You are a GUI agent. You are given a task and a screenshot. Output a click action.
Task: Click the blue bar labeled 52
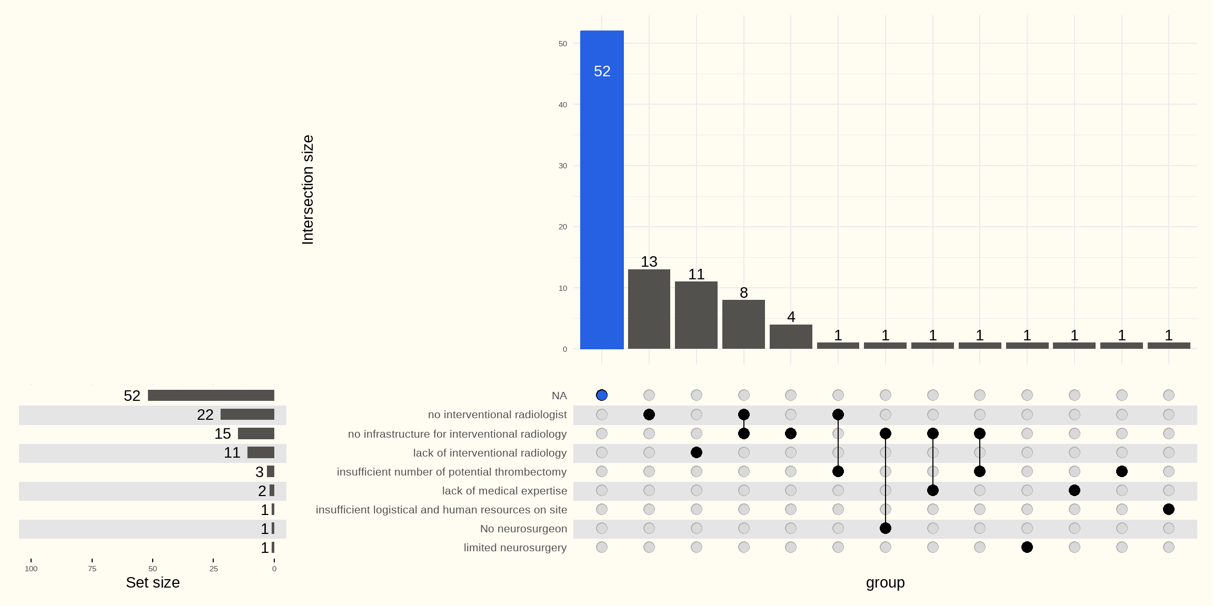click(x=602, y=189)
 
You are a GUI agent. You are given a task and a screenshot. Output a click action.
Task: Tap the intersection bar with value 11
click(x=696, y=315)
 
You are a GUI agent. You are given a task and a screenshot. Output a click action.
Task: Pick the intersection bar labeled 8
click(x=743, y=325)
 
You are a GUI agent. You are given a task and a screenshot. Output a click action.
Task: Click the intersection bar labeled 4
click(x=791, y=337)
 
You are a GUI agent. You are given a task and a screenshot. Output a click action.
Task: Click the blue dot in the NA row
click(x=602, y=395)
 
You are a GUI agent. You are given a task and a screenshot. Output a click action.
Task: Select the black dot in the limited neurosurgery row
click(x=1027, y=547)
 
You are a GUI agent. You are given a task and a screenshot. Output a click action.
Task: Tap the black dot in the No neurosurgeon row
click(x=886, y=528)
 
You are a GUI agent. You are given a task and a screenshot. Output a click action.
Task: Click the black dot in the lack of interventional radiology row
click(x=696, y=452)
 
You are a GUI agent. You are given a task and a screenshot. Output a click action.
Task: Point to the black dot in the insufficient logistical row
click(x=1169, y=509)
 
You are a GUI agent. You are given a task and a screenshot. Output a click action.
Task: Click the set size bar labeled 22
click(x=247, y=415)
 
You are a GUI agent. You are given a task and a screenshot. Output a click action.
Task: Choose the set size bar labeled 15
click(x=256, y=433)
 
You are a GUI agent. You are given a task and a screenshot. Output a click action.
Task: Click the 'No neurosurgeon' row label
click(x=523, y=529)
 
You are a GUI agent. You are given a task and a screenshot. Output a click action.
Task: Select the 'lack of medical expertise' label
click(x=504, y=491)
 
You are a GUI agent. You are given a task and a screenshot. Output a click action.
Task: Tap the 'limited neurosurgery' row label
click(x=515, y=548)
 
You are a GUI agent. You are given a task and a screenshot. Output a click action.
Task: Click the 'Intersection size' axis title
click(x=307, y=189)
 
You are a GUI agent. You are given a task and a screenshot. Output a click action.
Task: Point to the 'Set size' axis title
click(x=153, y=583)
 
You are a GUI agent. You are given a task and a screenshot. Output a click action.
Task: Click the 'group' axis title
click(x=885, y=583)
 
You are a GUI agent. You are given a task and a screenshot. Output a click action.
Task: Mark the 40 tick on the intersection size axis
click(x=563, y=105)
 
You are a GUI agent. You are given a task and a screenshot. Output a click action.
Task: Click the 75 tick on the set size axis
click(x=92, y=569)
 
